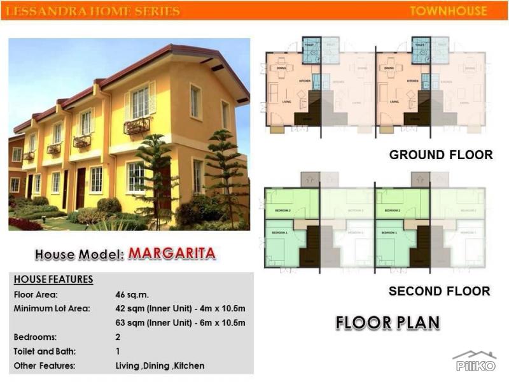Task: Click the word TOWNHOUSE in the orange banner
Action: (449, 11)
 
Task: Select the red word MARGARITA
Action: (172, 253)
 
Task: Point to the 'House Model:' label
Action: (79, 254)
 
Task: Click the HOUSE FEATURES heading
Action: (53, 279)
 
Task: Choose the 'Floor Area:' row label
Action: (36, 295)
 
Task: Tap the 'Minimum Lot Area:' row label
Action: (52, 309)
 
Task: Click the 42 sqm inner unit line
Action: (180, 309)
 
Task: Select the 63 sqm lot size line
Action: (180, 323)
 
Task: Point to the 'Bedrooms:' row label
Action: (35, 337)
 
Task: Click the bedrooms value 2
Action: (118, 337)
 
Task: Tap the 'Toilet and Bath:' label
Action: (44, 351)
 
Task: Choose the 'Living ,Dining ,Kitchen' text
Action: (160, 365)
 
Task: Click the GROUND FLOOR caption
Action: (440, 155)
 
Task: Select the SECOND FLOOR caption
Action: (440, 292)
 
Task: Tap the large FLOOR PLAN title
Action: (387, 322)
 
